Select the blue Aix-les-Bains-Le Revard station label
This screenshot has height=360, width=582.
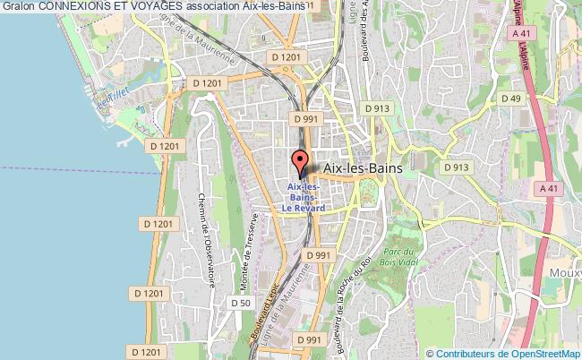tap(304, 197)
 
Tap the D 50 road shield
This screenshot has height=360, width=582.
tap(240, 303)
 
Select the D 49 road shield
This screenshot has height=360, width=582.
tap(511, 99)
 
